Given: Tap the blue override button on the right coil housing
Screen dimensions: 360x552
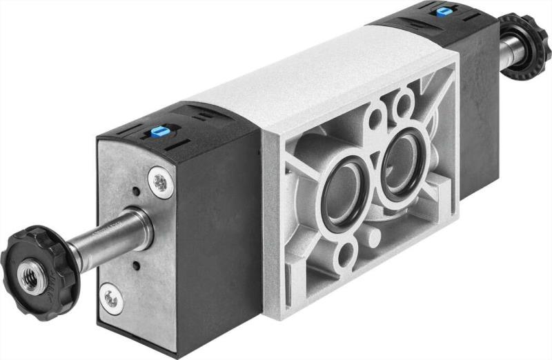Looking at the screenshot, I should coord(440,11).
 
